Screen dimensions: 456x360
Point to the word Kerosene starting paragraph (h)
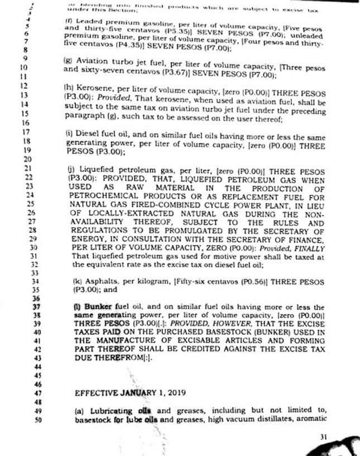93,88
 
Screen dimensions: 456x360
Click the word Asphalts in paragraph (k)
98,282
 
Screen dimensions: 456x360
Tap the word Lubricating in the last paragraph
108,411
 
